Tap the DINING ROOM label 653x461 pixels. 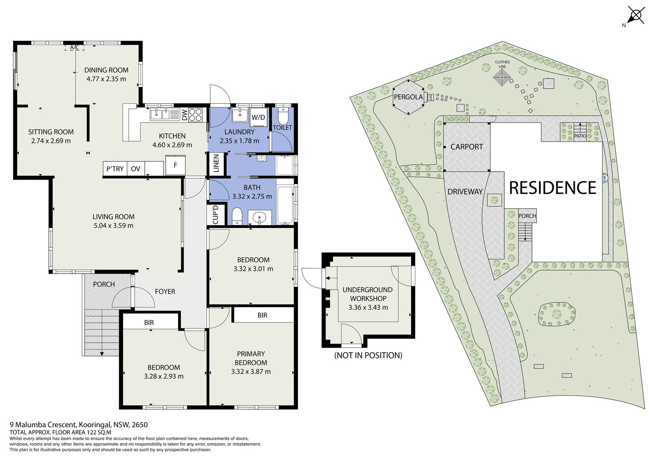(x=106, y=70)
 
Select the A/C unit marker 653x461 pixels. (x=74, y=47)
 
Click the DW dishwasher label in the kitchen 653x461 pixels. (x=185, y=115)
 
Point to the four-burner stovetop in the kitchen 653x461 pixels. (x=196, y=115)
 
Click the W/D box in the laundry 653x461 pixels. (x=258, y=117)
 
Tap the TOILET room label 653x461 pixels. (x=282, y=128)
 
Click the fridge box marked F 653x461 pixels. (x=175, y=165)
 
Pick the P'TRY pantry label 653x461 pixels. (x=115, y=169)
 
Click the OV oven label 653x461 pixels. (x=135, y=169)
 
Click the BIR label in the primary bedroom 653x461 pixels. (x=262, y=315)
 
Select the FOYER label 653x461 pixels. (x=165, y=292)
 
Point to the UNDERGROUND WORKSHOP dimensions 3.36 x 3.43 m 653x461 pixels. (x=368, y=307)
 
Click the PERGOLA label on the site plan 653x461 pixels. (x=408, y=97)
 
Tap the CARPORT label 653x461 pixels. (x=467, y=147)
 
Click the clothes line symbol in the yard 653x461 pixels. (x=502, y=78)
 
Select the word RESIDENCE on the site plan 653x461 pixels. (x=553, y=187)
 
